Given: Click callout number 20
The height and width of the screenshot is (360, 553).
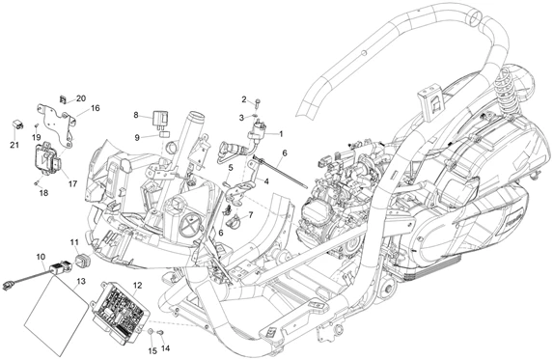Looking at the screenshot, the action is pos(81,98).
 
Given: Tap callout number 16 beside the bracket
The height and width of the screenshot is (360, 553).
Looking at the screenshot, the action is pos(96,108).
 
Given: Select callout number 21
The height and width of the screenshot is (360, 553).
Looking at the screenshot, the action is pos(14,145).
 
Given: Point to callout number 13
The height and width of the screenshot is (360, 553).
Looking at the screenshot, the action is pos(81,281).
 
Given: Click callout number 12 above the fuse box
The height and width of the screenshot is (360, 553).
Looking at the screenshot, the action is pos(138,286).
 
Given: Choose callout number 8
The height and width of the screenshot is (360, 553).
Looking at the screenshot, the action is pos(136,115).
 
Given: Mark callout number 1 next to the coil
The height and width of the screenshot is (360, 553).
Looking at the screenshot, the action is pos(281,134).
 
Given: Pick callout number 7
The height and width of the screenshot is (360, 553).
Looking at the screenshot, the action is pos(251,214).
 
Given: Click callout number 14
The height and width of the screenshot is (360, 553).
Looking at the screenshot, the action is pos(165,348).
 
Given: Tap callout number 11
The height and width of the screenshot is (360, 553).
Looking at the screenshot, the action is pos(74,242).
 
